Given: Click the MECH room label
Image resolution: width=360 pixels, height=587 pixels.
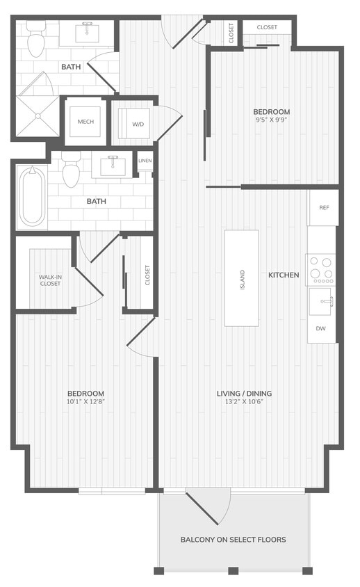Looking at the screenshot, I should [85, 122].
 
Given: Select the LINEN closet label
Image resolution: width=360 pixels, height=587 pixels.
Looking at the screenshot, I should [145, 161].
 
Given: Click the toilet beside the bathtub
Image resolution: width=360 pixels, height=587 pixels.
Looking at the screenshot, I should [72, 173].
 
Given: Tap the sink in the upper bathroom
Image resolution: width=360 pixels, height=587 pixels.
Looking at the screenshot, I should [88, 31].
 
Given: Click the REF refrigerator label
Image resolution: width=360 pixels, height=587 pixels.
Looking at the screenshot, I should [324, 208].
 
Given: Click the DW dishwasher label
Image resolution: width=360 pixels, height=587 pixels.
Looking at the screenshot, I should [321, 328].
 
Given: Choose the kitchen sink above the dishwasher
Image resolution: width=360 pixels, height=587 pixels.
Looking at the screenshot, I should [323, 301].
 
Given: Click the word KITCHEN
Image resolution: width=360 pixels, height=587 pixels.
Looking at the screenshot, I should [284, 275].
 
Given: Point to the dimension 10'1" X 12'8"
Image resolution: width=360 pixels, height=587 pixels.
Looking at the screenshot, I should [85, 401].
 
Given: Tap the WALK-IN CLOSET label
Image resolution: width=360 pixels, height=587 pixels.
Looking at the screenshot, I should [50, 280].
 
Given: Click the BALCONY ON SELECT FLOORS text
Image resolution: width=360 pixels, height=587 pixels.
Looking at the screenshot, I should [233, 540].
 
